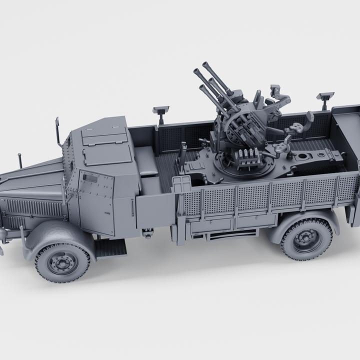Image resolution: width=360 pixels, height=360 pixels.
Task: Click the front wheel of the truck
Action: (62, 262)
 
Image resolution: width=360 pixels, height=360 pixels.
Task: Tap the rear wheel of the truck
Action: (306, 238)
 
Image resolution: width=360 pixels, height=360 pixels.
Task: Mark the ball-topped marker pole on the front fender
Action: (19, 160)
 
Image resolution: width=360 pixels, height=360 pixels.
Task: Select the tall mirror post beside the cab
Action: (58, 131)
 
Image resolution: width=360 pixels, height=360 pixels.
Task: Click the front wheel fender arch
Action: (55, 233)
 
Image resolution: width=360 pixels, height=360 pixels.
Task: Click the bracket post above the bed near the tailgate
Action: (325, 99)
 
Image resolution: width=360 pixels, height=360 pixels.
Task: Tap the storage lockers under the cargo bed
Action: (235, 220)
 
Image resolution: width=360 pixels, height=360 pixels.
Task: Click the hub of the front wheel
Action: (62, 262)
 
